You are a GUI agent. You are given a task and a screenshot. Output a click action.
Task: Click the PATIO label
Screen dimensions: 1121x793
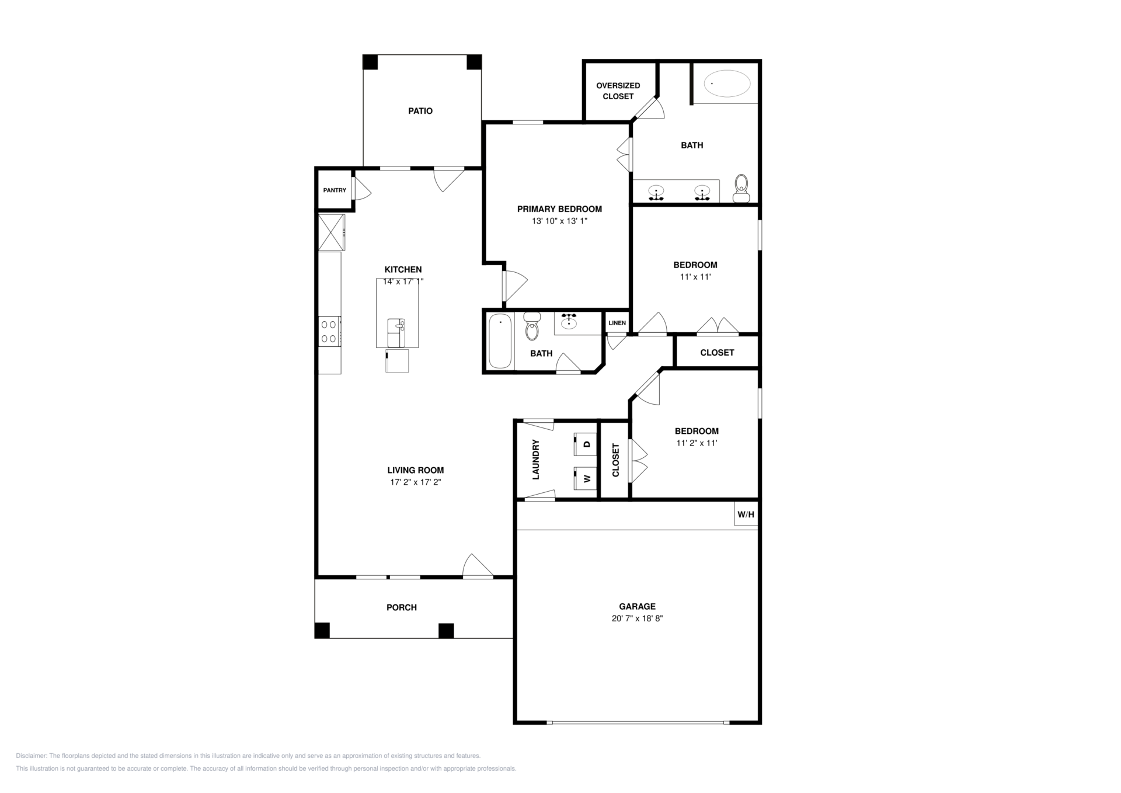[420, 111]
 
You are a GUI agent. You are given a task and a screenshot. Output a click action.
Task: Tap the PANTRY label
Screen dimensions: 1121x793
[335, 190]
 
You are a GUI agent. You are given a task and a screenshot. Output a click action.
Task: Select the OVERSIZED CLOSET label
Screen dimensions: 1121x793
[618, 91]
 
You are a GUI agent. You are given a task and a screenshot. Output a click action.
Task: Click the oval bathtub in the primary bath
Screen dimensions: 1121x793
[727, 84]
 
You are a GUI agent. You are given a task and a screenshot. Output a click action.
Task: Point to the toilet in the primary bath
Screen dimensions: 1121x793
[741, 188]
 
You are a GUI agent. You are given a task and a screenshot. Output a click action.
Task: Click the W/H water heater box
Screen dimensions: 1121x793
[746, 514]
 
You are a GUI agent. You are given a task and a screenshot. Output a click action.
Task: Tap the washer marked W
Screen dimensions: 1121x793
[584, 478]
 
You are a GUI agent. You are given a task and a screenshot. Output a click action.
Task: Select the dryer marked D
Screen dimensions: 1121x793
[584, 444]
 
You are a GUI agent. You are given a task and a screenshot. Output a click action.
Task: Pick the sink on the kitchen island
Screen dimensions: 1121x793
[396, 333]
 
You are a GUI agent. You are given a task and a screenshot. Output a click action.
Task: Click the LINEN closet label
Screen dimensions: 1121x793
[617, 323]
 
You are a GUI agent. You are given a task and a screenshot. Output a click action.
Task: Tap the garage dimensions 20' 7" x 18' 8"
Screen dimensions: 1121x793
[637, 618]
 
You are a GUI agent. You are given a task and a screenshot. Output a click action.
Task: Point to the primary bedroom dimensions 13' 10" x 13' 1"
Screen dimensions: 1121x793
[559, 221]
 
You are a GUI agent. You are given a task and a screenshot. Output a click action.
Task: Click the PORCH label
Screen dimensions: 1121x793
[402, 608]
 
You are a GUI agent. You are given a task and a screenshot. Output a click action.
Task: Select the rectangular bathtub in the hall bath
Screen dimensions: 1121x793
[500, 342]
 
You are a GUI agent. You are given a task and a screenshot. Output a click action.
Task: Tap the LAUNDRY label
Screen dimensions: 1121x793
[536, 460]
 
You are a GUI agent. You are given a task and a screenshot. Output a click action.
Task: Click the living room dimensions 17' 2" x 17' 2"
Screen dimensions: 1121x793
[416, 482]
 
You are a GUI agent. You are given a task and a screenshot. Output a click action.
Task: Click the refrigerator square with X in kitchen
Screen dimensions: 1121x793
[331, 232]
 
